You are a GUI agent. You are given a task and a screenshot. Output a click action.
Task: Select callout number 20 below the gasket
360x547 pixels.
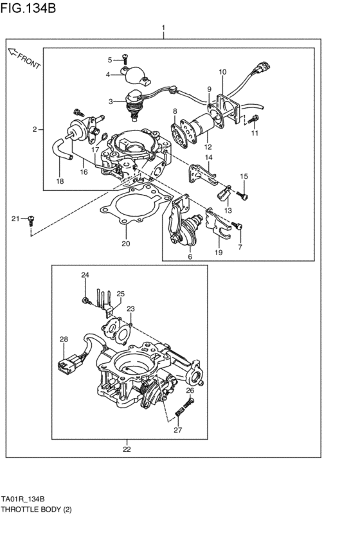tap(126, 244)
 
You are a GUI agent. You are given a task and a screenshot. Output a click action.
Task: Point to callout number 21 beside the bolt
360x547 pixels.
tap(15, 219)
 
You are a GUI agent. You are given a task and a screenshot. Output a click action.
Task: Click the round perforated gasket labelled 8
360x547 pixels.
tap(182, 132)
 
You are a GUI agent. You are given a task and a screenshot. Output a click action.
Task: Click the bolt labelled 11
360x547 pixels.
tap(254, 119)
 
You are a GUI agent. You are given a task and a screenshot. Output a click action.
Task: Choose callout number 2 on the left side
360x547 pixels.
tap(35, 129)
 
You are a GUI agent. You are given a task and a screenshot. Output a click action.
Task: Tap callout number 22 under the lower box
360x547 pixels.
tap(127, 449)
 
